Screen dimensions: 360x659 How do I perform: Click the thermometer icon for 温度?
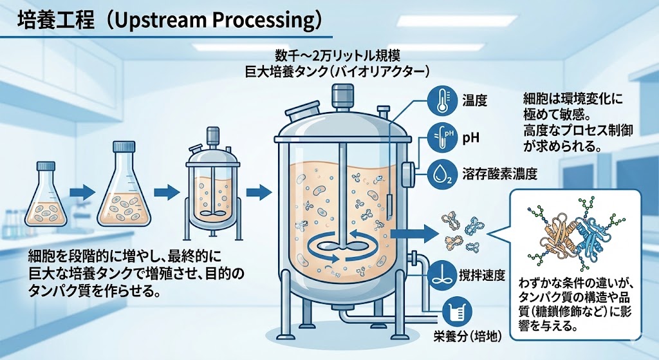(441, 100)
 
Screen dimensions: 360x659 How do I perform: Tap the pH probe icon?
(441, 137)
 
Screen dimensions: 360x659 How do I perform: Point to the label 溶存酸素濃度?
(499, 174)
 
